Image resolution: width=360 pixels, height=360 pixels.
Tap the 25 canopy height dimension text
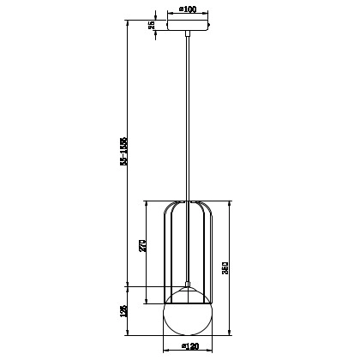pos(152,26)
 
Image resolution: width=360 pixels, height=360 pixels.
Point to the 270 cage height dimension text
pos(143,249)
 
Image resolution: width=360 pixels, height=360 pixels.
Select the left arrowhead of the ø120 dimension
pos(165,340)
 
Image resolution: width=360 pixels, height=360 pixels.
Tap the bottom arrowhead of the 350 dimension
pos(230,331)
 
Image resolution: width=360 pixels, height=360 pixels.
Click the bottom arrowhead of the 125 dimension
pos(129,331)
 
